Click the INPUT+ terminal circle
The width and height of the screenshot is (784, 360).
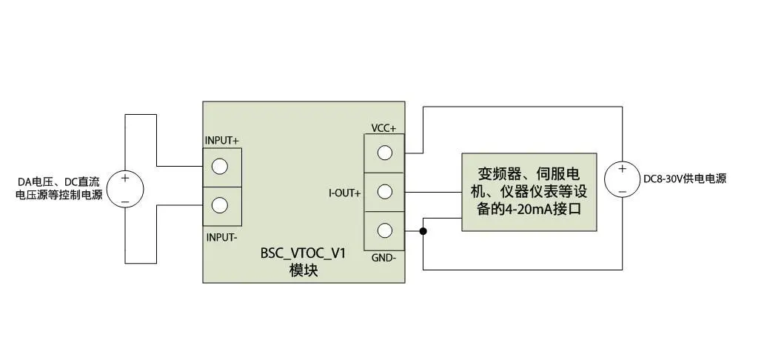[219, 167]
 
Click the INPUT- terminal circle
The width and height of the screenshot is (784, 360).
[219, 205]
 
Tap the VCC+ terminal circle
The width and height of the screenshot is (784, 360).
[384, 153]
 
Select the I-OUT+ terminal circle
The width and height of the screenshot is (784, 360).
[384, 192]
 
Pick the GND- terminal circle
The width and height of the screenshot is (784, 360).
[384, 230]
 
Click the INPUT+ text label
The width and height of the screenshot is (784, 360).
[221, 141]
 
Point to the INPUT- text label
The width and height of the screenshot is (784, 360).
[221, 238]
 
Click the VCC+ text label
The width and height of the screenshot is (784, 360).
[383, 128]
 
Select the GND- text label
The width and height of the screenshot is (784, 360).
[384, 258]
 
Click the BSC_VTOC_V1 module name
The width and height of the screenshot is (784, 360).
[303, 253]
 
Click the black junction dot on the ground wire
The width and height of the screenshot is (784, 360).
[423, 231]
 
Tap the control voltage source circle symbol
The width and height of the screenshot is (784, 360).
[125, 189]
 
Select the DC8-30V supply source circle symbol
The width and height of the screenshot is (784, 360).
[623, 179]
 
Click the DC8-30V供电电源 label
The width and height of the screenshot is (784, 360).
[685, 179]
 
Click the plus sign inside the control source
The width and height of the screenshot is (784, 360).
[125, 178]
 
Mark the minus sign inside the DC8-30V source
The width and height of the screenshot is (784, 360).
[622, 191]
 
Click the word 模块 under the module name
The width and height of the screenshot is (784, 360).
[303, 271]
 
